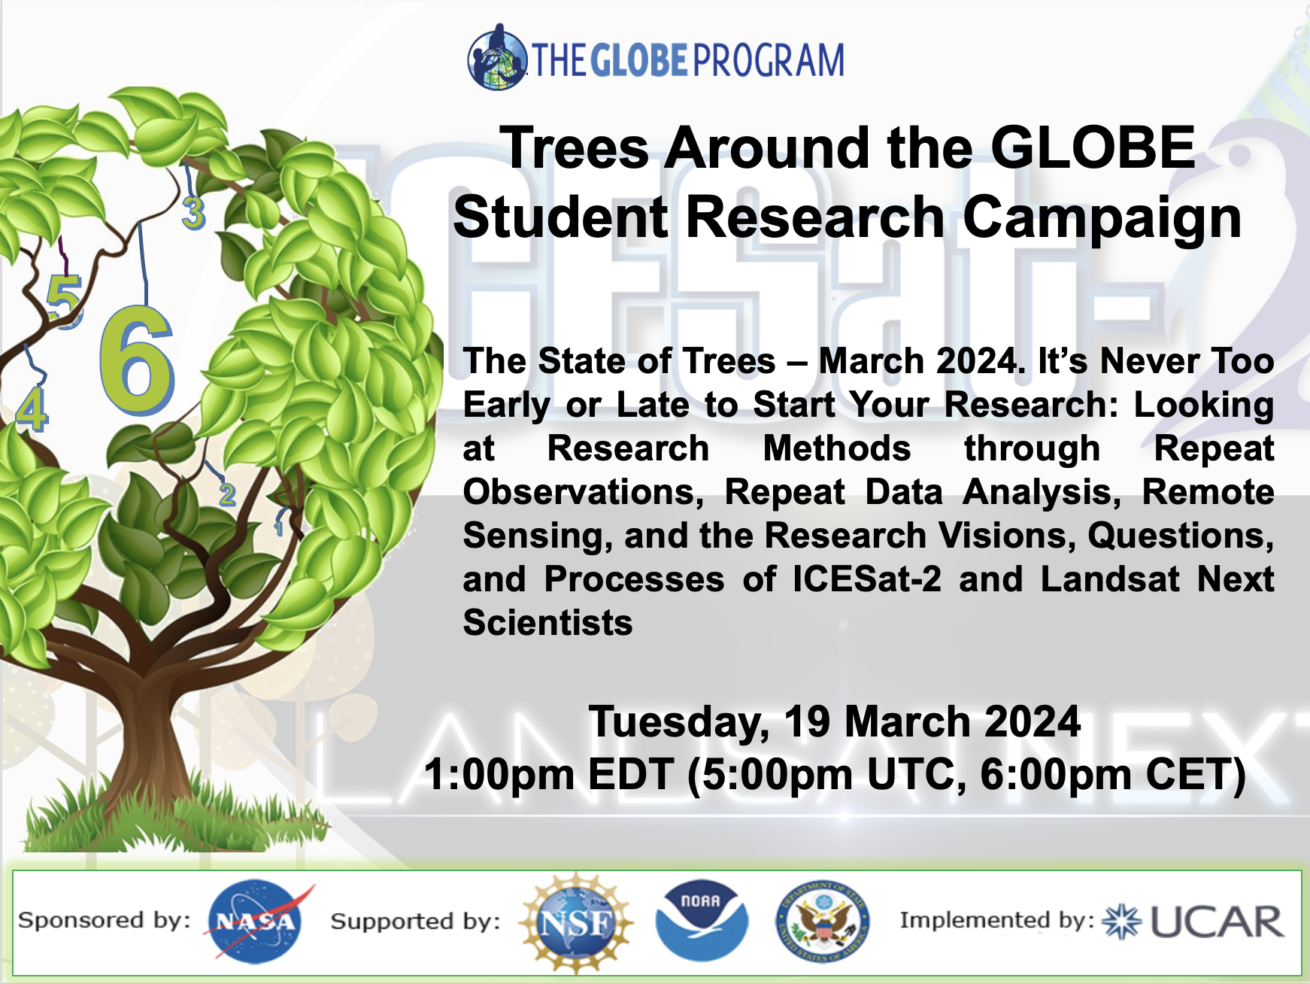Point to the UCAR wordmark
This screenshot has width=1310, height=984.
click(1217, 922)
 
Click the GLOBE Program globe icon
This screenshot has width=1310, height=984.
click(497, 57)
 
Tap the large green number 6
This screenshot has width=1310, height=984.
click(137, 360)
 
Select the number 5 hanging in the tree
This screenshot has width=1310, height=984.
click(65, 300)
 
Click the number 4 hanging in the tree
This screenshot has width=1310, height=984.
click(32, 409)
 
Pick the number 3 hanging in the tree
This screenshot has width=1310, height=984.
click(193, 213)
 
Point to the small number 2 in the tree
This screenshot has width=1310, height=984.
click(227, 494)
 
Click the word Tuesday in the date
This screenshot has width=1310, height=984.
click(678, 722)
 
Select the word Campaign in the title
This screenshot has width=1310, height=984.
click(1102, 218)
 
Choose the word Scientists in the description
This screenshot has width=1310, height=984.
click(547, 623)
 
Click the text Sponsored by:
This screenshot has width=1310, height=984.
click(104, 921)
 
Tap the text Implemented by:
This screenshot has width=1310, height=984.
click(997, 921)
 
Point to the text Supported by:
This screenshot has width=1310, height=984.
click(415, 922)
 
